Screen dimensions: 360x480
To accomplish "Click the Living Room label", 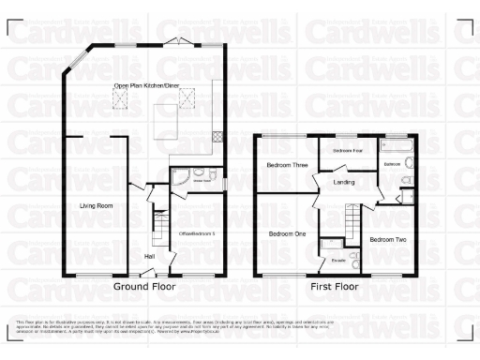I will tap(96, 204).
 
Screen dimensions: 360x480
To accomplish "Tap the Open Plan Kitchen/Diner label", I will tap(145, 86).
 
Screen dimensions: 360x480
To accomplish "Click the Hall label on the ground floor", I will tap(148, 255).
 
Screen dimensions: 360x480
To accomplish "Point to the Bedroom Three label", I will tap(287, 165).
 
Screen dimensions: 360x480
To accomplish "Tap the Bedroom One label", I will tap(288, 233).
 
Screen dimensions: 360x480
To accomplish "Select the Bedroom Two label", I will tap(387, 240).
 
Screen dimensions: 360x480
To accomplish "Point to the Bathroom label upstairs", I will tap(393, 164).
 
